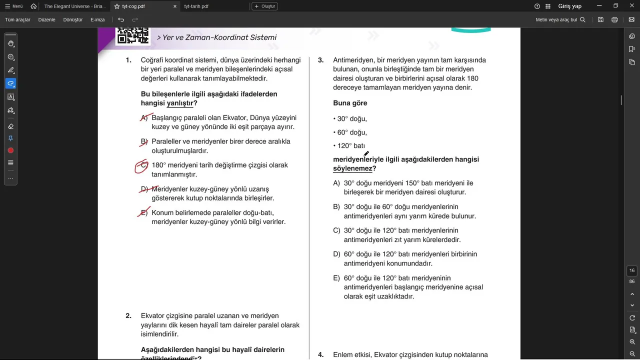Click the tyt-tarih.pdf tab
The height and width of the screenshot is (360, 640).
click(196, 6)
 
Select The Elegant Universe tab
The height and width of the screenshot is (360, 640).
click(75, 6)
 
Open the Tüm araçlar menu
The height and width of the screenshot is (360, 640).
click(17, 19)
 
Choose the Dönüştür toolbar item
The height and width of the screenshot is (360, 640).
click(73, 19)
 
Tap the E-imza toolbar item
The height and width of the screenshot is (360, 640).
click(97, 19)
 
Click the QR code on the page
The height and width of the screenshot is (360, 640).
click(132, 35)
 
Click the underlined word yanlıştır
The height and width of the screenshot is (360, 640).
click(180, 103)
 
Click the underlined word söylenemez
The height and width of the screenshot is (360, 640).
click(352, 168)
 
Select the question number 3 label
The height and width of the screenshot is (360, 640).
click(320, 60)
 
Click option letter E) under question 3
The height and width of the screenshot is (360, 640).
click(336, 278)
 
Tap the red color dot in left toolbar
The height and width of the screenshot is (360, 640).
click(10, 150)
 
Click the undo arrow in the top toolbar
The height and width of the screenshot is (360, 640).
click(121, 19)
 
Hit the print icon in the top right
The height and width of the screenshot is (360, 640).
click(614, 19)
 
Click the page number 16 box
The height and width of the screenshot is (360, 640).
click(632, 270)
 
